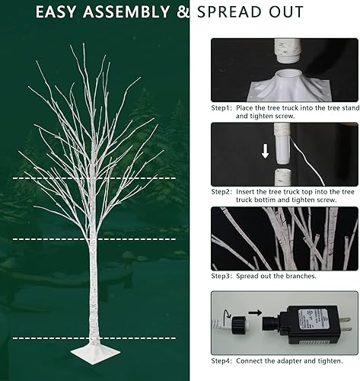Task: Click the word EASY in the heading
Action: click(x=58, y=13)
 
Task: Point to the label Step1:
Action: click(x=222, y=108)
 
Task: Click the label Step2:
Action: click(x=222, y=192)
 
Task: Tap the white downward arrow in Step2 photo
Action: click(x=266, y=151)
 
